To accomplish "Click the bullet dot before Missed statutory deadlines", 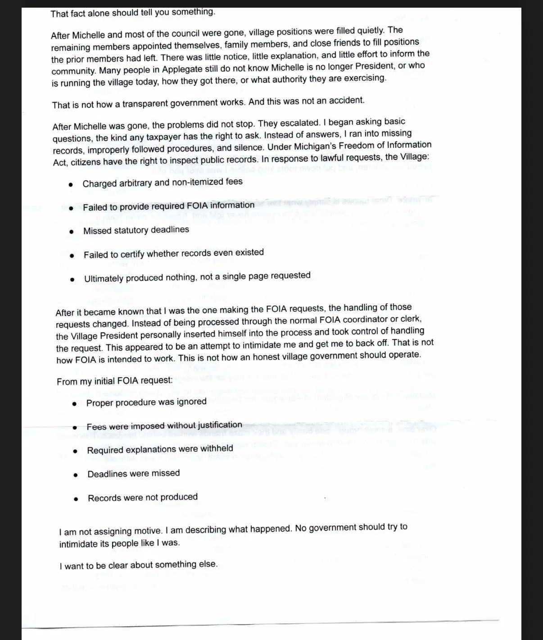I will (x=71, y=232).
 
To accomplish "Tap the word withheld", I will (x=217, y=448).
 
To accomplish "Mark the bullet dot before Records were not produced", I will (x=77, y=499).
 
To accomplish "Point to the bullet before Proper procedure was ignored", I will (x=75, y=403).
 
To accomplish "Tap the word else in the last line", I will (x=208, y=564).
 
